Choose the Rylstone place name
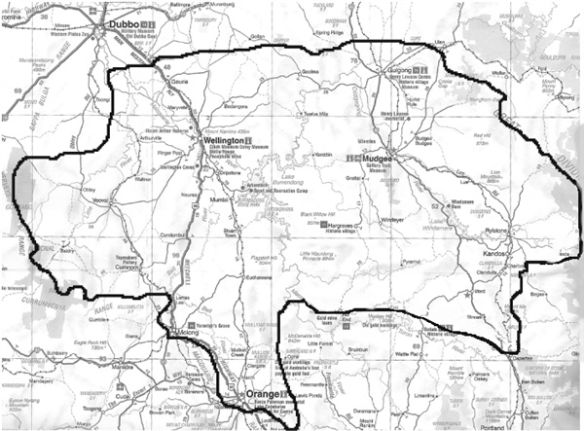pos(510,231)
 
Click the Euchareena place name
pos(259,276)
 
